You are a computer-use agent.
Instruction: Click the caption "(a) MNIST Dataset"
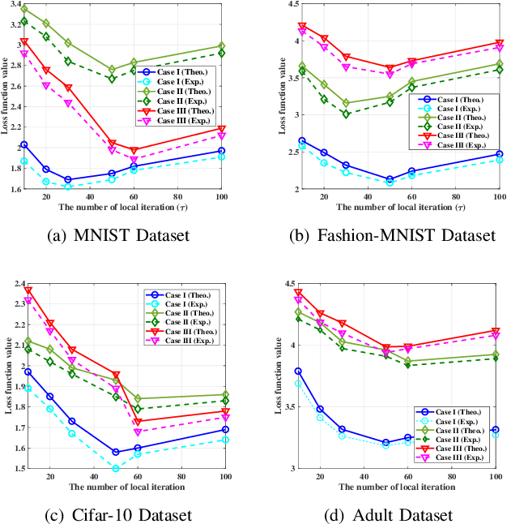pos(126,235)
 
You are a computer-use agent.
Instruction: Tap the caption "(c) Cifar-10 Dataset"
pos(126,515)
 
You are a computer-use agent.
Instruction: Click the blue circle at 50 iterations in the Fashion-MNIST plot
pos(390,179)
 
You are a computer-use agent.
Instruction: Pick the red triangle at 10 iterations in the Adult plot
pos(298,293)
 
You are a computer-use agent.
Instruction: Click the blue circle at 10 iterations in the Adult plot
pos(298,371)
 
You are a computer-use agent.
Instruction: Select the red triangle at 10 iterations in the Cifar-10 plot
pos(28,290)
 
